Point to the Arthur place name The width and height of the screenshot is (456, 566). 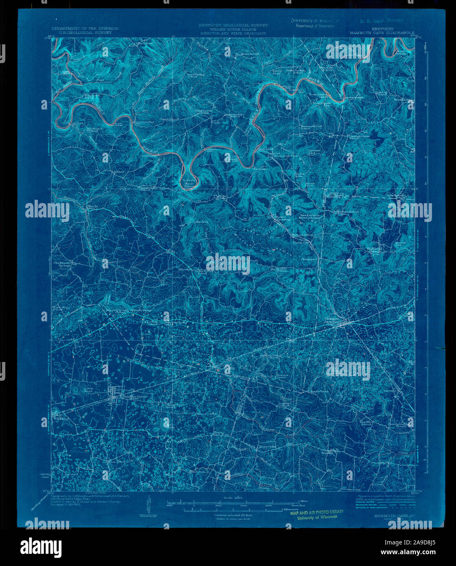118,172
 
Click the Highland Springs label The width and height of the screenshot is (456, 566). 374,250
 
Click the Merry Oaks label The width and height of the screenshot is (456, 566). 267,445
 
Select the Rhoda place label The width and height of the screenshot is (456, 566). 92,207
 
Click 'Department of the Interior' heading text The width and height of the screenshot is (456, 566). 85,29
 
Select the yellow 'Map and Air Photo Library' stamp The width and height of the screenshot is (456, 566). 317,514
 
